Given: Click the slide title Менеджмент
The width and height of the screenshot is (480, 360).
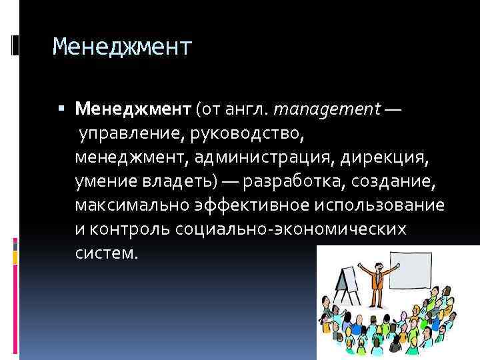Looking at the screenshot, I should pyautogui.click(x=122, y=47).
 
